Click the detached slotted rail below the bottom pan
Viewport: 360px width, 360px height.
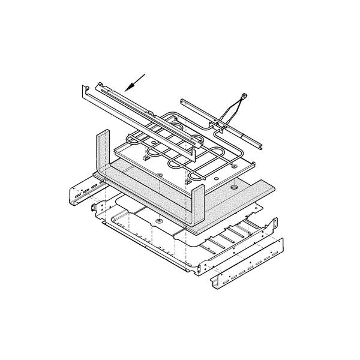tap(249, 265)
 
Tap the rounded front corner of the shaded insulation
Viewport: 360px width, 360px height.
tap(195, 229)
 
